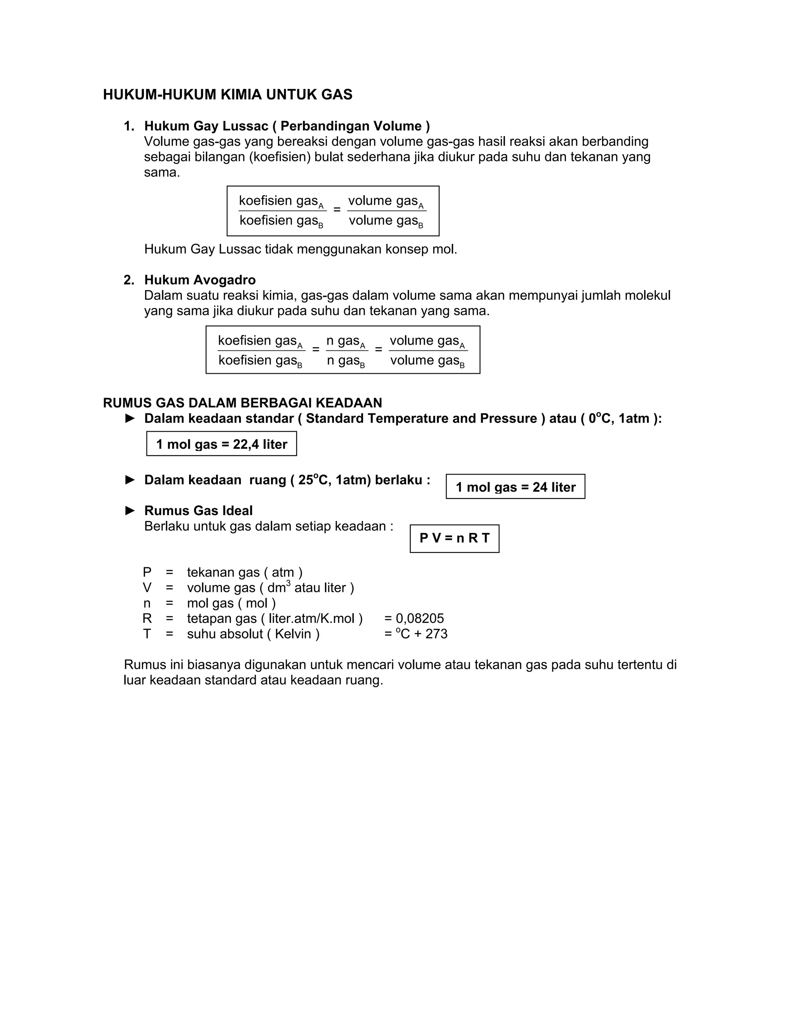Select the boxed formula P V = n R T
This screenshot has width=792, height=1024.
pyautogui.click(x=454, y=538)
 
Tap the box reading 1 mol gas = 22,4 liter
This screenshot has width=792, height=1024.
pyautogui.click(x=222, y=444)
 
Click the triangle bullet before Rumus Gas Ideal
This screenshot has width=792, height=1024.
pyautogui.click(x=130, y=510)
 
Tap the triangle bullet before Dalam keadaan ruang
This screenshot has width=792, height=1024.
pyautogui.click(x=130, y=480)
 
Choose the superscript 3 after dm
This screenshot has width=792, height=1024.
pyautogui.click(x=288, y=583)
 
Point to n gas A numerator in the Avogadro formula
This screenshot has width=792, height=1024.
pyautogui.click(x=346, y=341)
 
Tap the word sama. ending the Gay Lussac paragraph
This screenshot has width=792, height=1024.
pyautogui.click(x=162, y=173)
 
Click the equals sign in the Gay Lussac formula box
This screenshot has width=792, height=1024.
pyautogui.click(x=337, y=209)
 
